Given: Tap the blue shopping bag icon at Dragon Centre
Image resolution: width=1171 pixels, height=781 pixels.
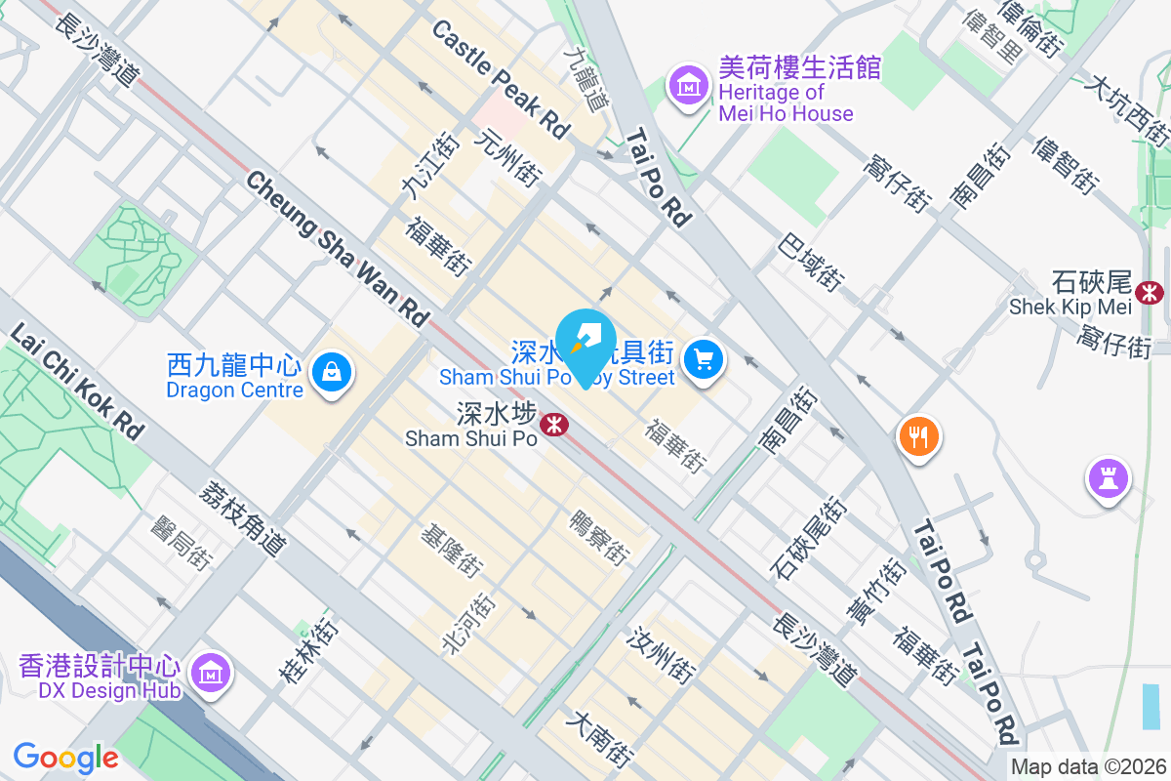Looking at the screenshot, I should pos(332,373).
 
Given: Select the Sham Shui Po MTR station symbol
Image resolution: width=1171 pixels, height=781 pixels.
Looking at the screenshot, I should pos(555,424).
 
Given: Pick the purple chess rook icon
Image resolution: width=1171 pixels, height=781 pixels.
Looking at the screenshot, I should pos(1108,479).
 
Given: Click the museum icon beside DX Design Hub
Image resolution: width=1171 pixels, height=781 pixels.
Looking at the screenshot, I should pos(210,674).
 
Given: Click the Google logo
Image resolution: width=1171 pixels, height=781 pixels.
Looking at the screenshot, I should pos(65,758).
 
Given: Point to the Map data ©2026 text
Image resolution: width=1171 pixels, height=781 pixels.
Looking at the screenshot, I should pos(1088,767).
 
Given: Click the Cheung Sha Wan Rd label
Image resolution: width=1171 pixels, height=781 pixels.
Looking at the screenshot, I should pos(338,248).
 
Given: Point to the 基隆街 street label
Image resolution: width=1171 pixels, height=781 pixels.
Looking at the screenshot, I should pos(451,551).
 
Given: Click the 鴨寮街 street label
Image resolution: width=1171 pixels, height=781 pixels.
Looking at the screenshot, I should pos(598,537).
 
